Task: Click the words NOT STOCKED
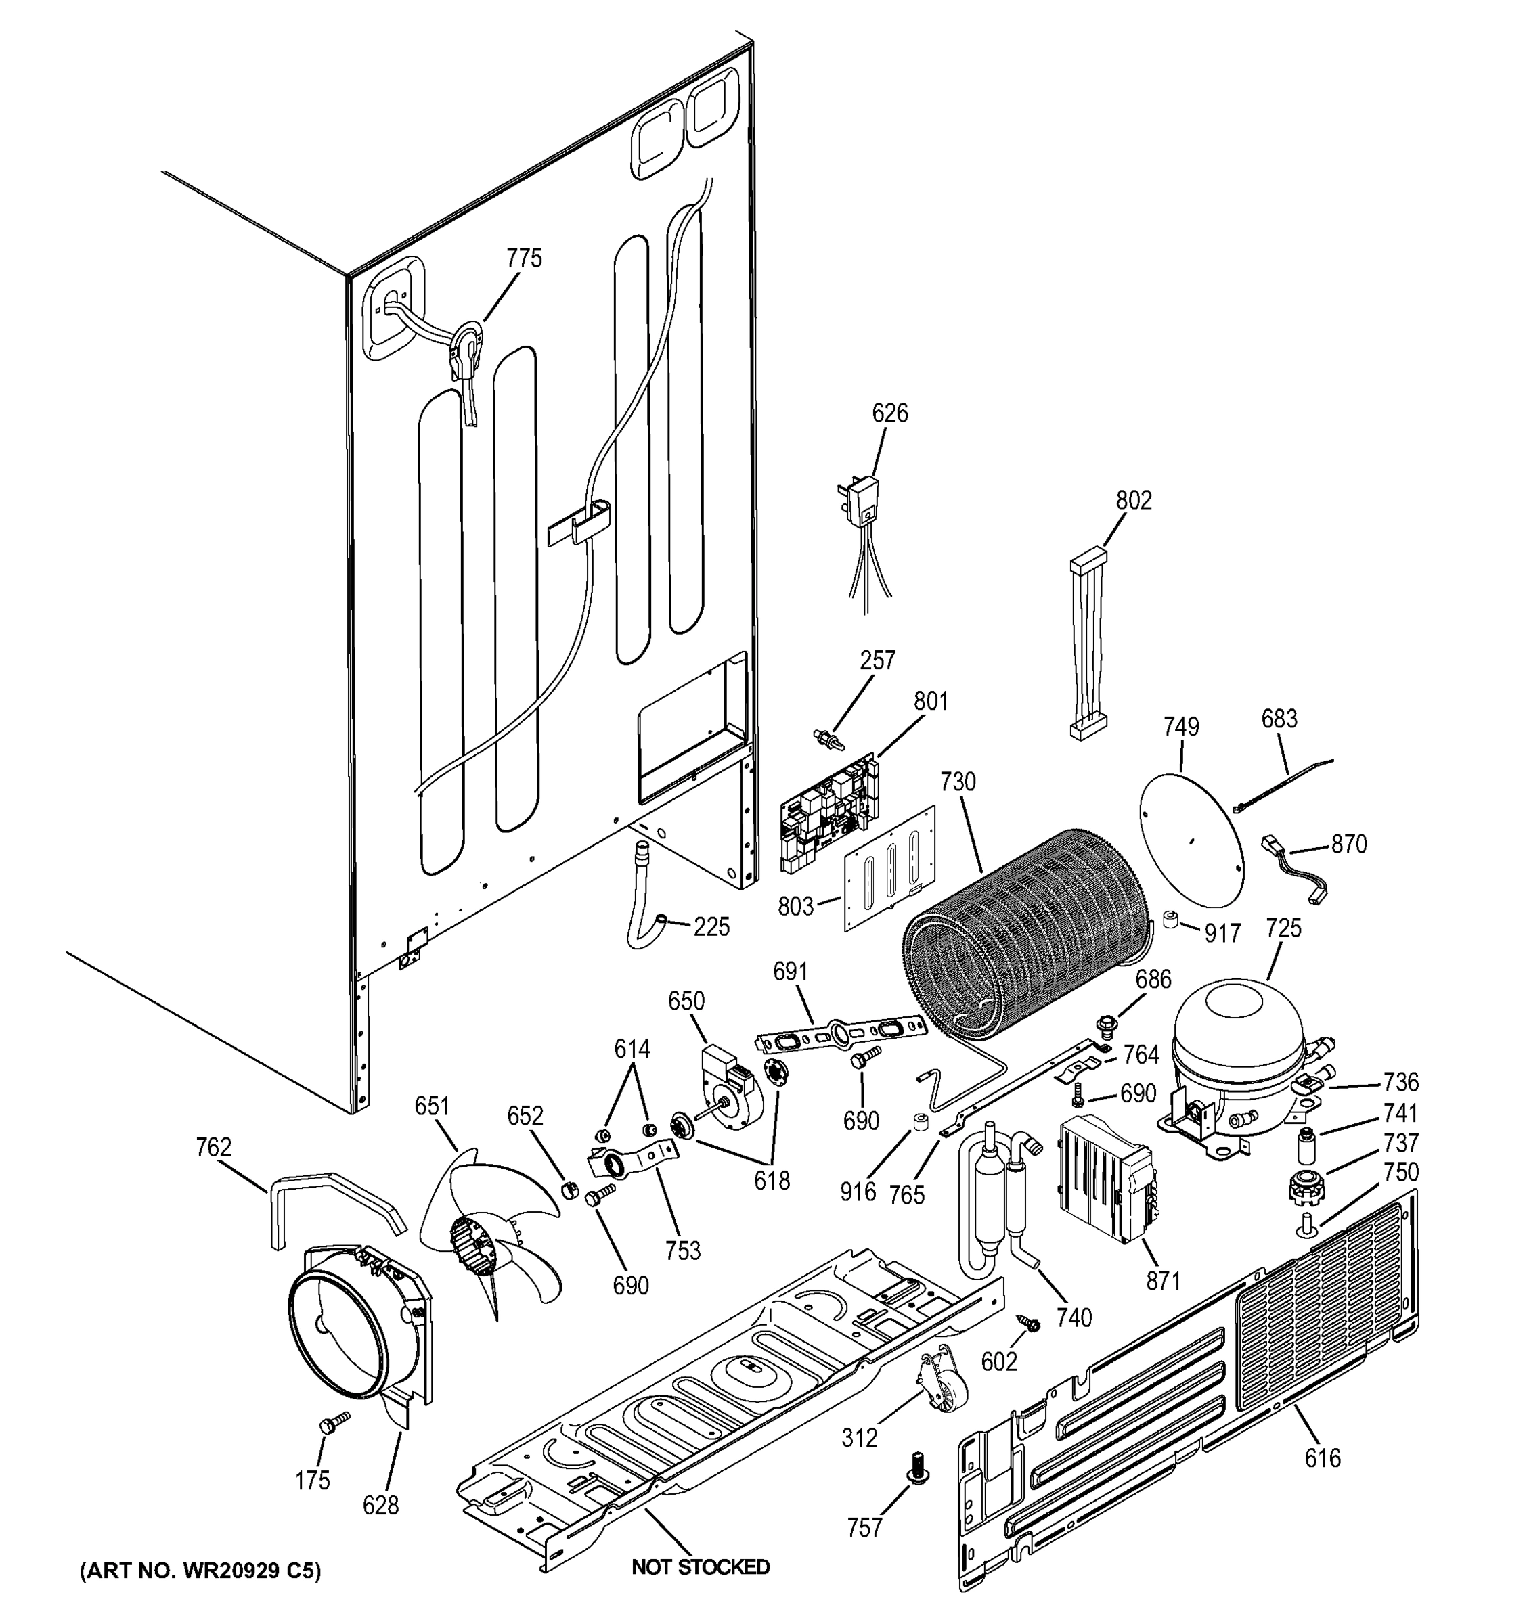(x=700, y=1566)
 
